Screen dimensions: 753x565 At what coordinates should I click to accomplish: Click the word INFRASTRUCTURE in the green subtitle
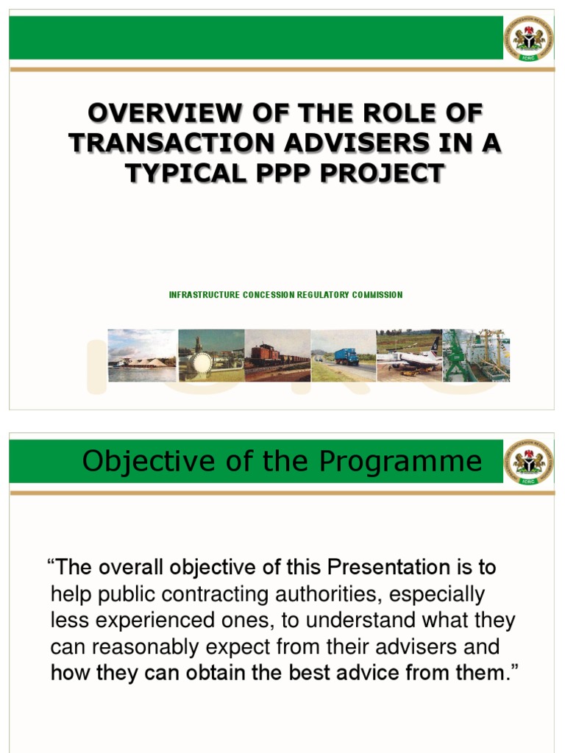pos(204,295)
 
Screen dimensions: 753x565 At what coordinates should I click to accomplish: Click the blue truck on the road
pos(346,357)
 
